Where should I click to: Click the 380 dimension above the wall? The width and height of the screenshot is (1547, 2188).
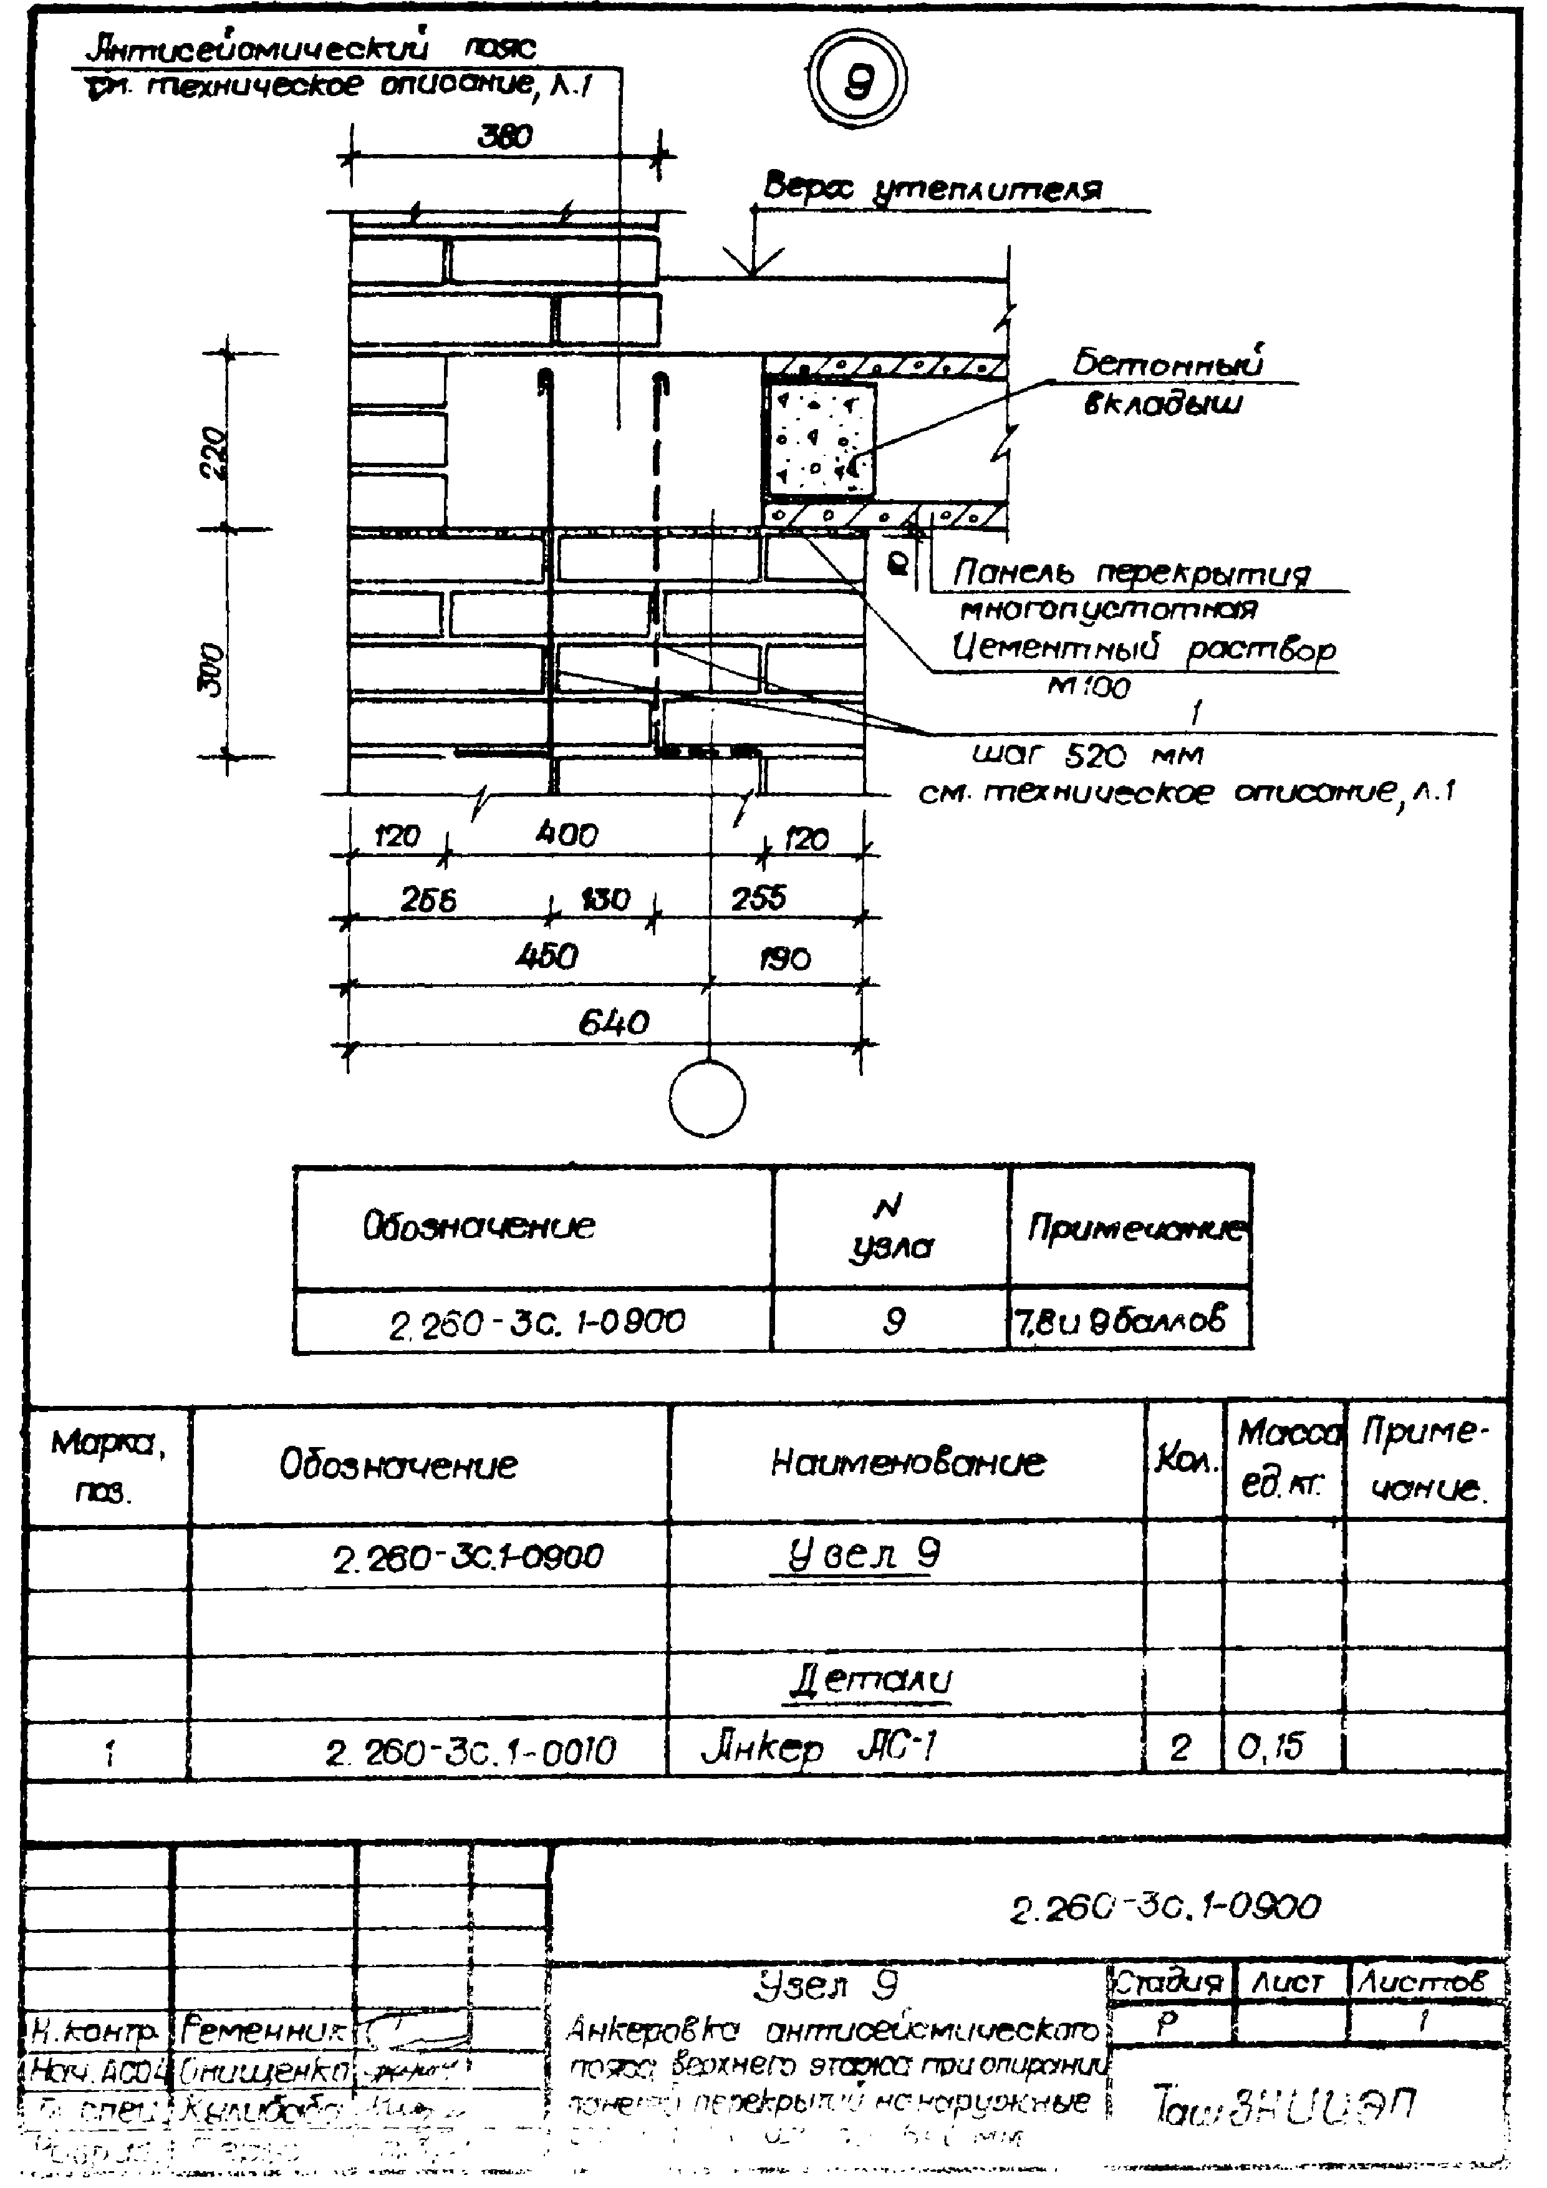[505, 137]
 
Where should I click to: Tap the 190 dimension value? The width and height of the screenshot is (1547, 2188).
[785, 958]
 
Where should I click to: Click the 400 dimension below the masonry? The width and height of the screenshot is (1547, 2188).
[567, 835]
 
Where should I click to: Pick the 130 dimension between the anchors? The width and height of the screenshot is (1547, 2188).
[606, 899]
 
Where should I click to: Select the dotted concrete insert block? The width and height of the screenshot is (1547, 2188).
[818, 439]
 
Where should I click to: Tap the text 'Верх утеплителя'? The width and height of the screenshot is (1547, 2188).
[933, 188]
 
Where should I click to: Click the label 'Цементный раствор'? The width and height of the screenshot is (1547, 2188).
[1143, 649]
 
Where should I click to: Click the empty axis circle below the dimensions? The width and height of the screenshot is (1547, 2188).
[707, 1099]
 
